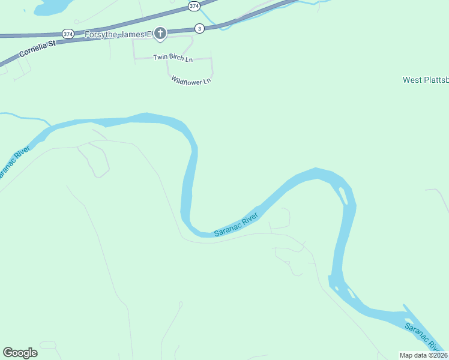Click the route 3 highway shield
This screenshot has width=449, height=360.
point(199,28)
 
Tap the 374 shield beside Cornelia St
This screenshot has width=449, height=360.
point(68,34)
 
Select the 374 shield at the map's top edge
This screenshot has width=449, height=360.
point(193,6)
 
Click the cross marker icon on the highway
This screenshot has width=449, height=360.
point(160,34)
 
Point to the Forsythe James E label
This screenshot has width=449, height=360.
point(118,34)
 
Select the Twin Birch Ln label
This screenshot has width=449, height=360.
point(173,58)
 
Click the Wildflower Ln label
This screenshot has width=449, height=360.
point(191,79)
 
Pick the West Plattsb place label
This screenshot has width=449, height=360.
point(425,80)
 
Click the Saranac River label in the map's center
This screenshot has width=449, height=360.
point(237,224)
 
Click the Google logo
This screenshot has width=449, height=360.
point(20,353)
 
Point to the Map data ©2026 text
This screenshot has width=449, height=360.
point(424,355)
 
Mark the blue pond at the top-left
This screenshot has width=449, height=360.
point(53,6)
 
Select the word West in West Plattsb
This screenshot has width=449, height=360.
point(412,80)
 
